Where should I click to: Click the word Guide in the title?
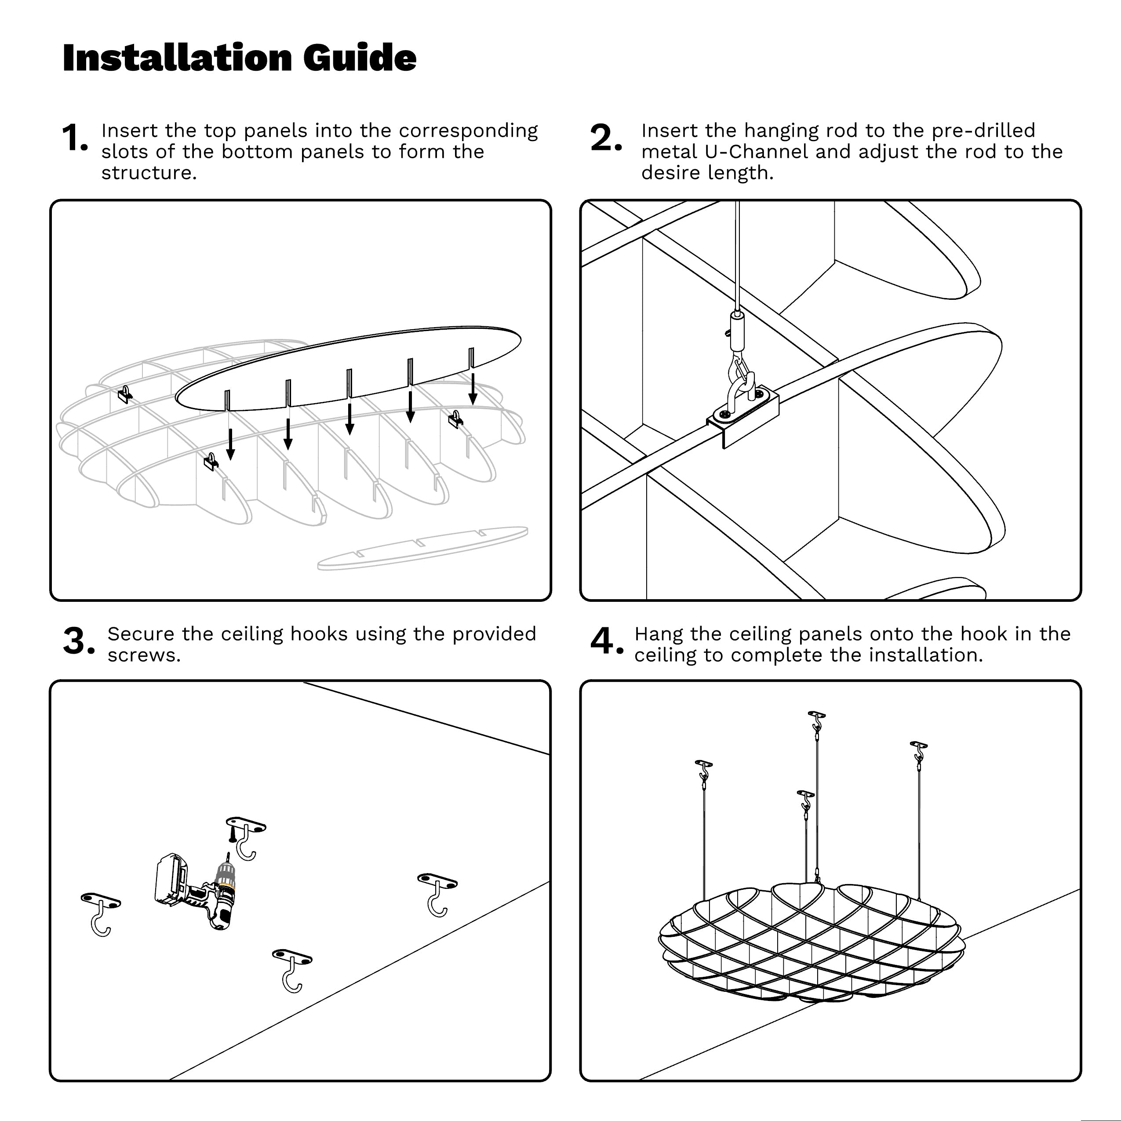coord(359,58)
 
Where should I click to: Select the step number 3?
coord(78,642)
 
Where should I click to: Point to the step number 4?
coord(605,642)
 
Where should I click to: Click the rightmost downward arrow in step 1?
coord(473,388)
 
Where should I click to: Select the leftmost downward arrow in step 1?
coord(230,444)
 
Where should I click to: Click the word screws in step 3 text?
coord(143,655)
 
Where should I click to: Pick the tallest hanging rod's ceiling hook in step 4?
coord(816,721)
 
